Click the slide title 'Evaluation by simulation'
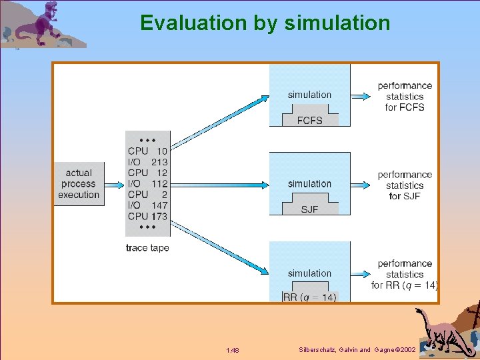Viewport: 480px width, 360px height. [x=265, y=23]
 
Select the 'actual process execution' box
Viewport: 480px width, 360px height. [x=79, y=184]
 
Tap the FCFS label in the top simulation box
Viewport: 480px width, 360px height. [x=309, y=120]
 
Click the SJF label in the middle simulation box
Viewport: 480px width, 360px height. [x=309, y=209]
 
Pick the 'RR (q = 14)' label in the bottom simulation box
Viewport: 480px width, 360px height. [x=310, y=297]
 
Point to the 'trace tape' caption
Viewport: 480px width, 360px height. [x=147, y=248]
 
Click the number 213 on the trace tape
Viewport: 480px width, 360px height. [x=159, y=162]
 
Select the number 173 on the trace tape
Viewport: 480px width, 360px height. [x=159, y=216]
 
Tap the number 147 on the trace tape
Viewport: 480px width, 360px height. [x=159, y=205]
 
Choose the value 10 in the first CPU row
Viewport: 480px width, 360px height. [x=162, y=151]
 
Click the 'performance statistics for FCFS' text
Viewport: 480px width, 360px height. [x=405, y=96]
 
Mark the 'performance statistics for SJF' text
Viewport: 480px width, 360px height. [x=405, y=185]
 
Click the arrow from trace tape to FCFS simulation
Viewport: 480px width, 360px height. [x=220, y=121]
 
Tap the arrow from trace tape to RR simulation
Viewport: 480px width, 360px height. [x=220, y=247]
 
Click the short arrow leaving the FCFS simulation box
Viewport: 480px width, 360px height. [x=359, y=96]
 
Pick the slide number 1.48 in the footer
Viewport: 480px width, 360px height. [x=233, y=350]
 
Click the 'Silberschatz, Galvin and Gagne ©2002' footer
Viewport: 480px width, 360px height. [x=357, y=350]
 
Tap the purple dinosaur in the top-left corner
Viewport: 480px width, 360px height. [x=43, y=25]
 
